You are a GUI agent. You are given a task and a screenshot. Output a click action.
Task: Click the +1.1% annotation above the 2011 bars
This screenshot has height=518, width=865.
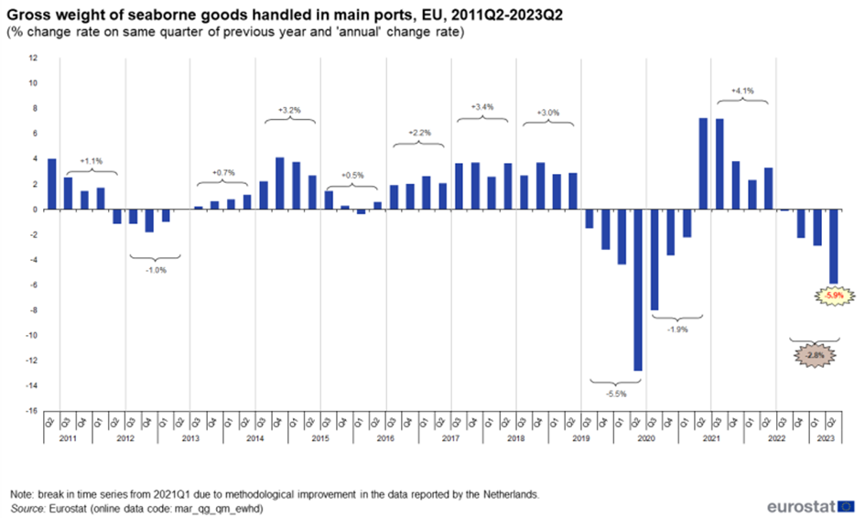(x=92, y=160)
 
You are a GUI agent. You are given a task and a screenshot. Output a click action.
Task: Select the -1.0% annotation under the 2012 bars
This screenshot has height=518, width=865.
(x=157, y=271)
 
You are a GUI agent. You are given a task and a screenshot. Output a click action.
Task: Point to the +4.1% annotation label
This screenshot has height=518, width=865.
(x=741, y=91)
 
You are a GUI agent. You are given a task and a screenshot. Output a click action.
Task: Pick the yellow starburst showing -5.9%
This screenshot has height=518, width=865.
(x=834, y=296)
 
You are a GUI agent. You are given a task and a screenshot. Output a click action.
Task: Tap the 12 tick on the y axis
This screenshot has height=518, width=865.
(x=33, y=58)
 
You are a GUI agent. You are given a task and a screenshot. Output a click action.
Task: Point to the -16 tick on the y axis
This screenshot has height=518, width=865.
(x=32, y=411)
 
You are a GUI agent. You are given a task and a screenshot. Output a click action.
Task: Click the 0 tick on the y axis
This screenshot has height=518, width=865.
(x=35, y=210)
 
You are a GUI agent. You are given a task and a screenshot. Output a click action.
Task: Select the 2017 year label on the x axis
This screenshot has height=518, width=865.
(x=450, y=440)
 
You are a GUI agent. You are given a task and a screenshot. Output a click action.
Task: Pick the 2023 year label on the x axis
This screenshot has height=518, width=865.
(x=825, y=440)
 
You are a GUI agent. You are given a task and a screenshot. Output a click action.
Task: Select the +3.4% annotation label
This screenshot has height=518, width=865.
(x=481, y=107)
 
